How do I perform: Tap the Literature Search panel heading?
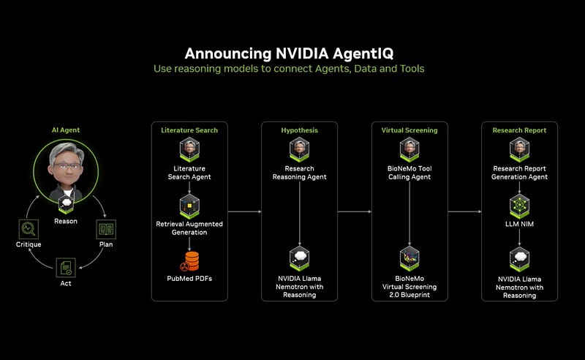(x=189, y=130)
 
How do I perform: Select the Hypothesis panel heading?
(x=299, y=130)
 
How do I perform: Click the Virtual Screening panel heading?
(x=409, y=130)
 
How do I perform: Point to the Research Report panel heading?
(x=519, y=130)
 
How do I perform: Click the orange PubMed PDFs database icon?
(x=190, y=260)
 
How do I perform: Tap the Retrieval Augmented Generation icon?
(x=190, y=205)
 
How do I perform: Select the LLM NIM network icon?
(x=519, y=205)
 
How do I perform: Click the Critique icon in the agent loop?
(x=29, y=229)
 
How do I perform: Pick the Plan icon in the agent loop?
(x=105, y=229)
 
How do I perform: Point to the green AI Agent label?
(x=66, y=130)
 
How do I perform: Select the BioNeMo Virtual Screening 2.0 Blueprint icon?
(x=409, y=259)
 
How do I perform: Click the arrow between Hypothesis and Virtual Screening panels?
(x=354, y=212)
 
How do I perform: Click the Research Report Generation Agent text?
(x=519, y=173)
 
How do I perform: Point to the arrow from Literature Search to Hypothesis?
(x=244, y=212)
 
